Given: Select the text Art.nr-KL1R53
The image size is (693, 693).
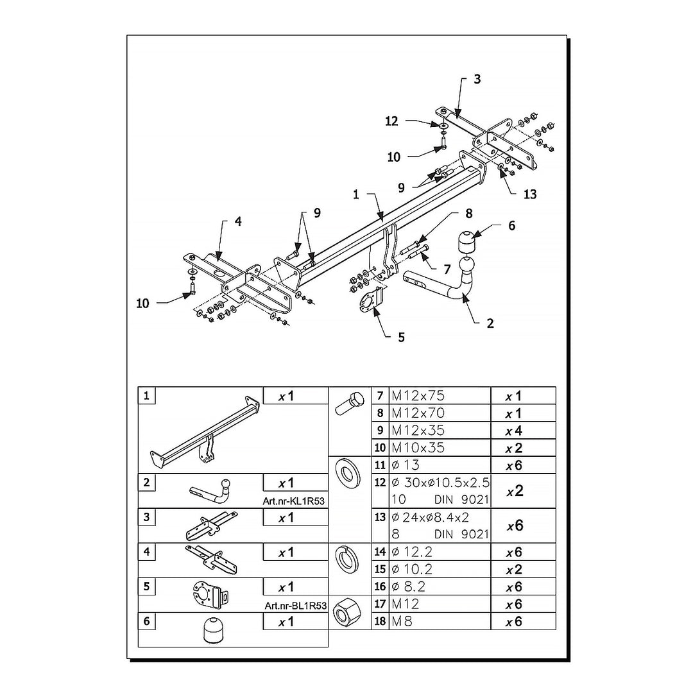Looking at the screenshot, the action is click(293, 501).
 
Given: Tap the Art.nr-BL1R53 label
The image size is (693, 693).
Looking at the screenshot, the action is click(296, 606).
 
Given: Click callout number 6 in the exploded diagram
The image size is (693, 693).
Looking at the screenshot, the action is click(512, 226).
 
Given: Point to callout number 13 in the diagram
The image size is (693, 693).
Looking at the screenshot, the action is click(530, 194).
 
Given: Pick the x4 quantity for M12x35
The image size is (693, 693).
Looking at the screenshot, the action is click(514, 431).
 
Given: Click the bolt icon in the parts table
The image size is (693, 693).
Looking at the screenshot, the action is click(350, 402).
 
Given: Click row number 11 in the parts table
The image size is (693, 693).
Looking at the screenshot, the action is click(380, 465).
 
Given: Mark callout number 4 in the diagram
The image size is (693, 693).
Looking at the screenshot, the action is click(238, 221).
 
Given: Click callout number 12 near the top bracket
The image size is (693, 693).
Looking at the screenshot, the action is click(391, 121).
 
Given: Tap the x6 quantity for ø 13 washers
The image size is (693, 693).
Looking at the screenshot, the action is click(514, 465).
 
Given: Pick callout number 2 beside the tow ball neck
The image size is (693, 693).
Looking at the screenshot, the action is click(490, 323).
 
